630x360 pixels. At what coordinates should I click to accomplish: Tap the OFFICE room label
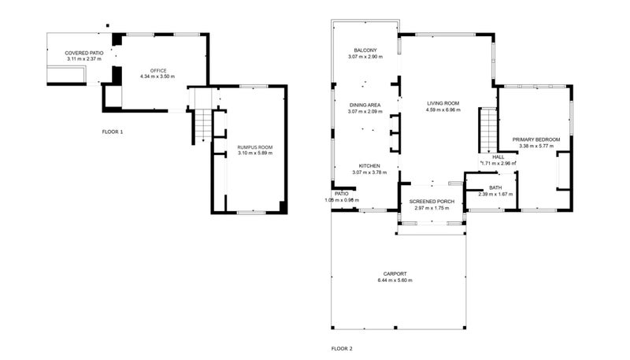pos(157,70)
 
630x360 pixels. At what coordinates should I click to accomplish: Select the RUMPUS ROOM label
pos(254,147)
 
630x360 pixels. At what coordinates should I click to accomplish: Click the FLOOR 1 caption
pos(113,132)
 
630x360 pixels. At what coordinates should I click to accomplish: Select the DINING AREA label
pos(365,105)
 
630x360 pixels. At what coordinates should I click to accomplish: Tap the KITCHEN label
pos(365,165)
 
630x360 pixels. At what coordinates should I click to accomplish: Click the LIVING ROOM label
pos(443,103)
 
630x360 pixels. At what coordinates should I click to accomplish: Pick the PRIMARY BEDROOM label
pos(535,139)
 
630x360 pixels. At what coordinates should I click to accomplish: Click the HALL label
pos(498,157)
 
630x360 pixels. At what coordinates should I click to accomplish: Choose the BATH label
pos(495,187)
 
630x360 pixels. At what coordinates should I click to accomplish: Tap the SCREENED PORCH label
pos(432,202)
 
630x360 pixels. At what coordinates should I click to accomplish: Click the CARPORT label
pos(395,274)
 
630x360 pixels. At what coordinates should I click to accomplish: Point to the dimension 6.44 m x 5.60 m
pos(395,280)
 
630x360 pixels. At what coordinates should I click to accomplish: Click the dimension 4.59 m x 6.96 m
pos(443,109)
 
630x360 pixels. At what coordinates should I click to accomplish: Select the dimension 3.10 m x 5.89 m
pos(254,153)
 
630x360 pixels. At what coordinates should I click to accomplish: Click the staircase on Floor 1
pos(202,125)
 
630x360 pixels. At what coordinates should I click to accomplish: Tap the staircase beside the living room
pos(488,130)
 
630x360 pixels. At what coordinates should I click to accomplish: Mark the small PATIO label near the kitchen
pos(341,193)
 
